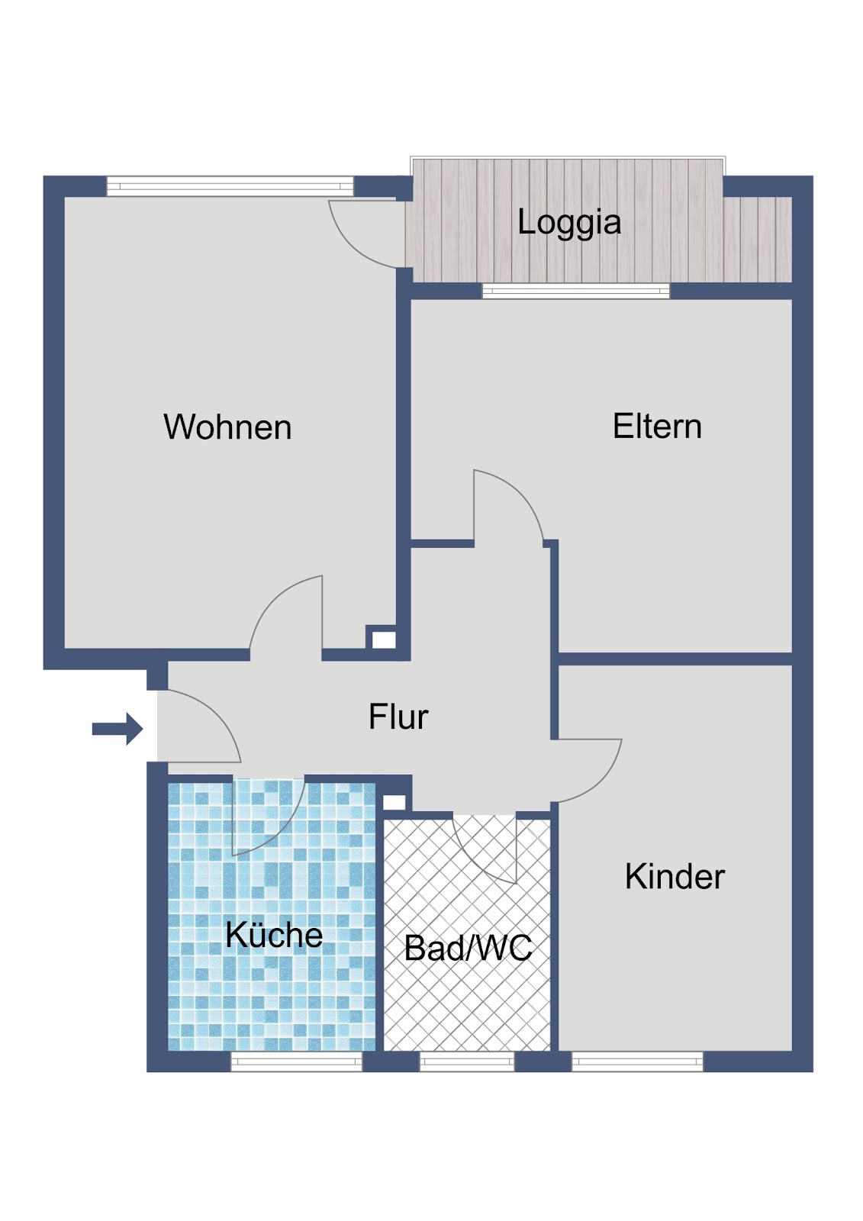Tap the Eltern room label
tap(657, 426)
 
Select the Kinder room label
tap(675, 877)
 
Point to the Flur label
tap(398, 717)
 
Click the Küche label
tap(274, 934)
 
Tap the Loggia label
tap(569, 222)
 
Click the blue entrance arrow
tap(118, 728)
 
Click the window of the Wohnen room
tap(230, 186)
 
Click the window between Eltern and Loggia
tap(576, 291)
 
